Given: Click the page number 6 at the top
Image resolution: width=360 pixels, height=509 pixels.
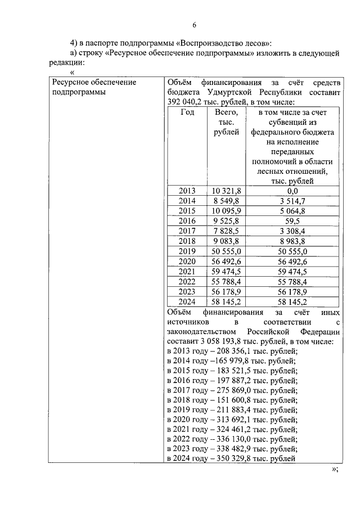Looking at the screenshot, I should [x=194, y=25].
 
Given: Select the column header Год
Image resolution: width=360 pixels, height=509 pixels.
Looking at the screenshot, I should [x=187, y=112].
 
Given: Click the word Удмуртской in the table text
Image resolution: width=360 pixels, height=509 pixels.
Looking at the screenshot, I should [x=226, y=92].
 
